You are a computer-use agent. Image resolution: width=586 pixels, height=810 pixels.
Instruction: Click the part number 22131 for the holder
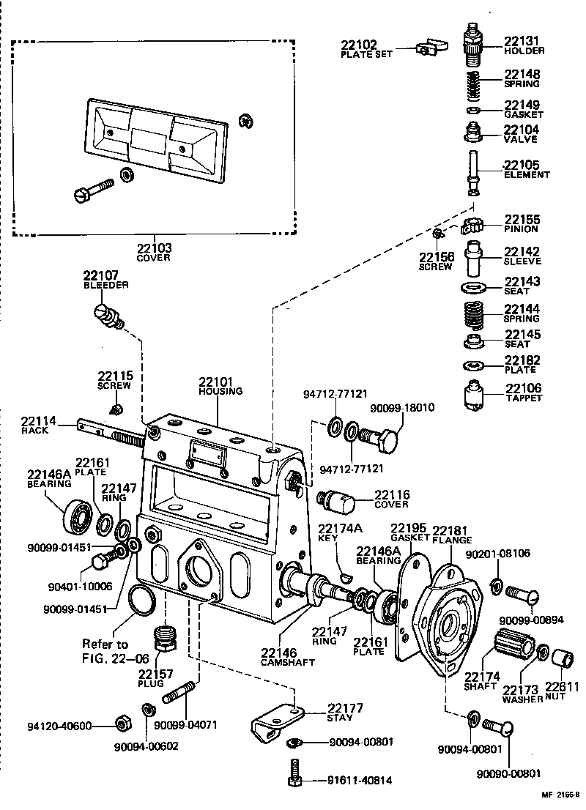click(521, 41)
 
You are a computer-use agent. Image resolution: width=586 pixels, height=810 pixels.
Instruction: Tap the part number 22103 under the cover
click(153, 248)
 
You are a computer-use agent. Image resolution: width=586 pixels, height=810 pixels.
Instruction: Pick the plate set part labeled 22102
click(431, 49)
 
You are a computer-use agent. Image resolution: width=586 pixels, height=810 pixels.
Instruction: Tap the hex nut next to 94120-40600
click(123, 725)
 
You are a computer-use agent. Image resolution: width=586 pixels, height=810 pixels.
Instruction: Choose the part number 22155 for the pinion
click(521, 219)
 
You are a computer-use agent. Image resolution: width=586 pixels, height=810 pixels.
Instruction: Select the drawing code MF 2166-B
click(560, 794)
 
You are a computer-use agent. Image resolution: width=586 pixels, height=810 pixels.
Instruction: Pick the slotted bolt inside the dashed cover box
click(94, 190)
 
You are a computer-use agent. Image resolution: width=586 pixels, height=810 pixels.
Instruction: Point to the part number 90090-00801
click(508, 773)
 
